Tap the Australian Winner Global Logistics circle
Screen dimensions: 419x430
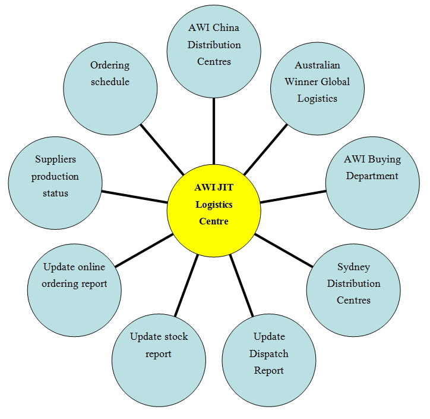pos(317,86)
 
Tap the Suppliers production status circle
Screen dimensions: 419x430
pos(55,182)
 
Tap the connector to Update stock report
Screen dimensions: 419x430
pos(186,285)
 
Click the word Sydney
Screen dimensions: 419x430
pos(353,267)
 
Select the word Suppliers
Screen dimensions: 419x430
pos(55,160)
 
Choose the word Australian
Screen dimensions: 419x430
pos(317,65)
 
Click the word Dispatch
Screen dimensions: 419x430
pos(269,354)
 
